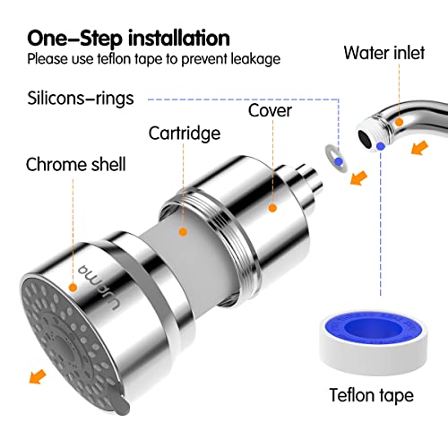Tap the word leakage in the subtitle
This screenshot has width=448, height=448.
tap(257, 60)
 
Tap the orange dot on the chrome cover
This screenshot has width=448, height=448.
tap(271, 208)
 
